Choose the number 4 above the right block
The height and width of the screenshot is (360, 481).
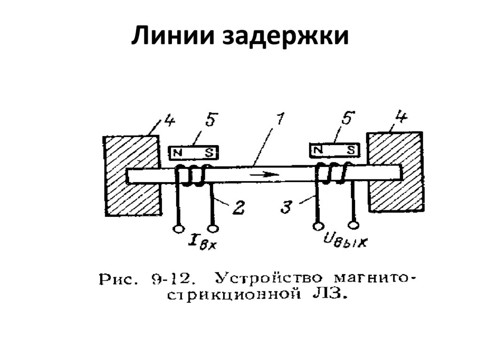(402, 118)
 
